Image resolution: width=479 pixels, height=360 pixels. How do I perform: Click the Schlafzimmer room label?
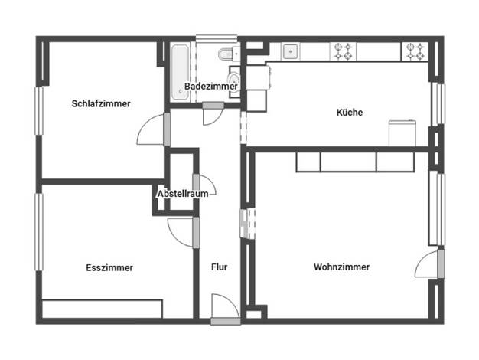(x=101, y=103)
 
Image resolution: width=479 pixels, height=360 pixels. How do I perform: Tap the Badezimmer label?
(x=211, y=87)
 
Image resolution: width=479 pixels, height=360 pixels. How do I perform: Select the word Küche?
(x=350, y=113)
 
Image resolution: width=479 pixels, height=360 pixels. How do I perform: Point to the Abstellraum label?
(x=183, y=194)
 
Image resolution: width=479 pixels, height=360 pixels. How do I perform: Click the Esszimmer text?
(x=109, y=267)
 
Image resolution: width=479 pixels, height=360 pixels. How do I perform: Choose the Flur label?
(x=220, y=267)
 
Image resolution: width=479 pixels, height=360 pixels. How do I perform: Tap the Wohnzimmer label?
(x=341, y=267)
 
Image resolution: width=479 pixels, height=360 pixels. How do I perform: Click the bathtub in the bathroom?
(x=180, y=73)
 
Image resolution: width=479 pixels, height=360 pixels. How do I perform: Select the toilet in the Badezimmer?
(x=229, y=54)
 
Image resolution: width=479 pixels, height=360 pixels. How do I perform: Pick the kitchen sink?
(x=290, y=51)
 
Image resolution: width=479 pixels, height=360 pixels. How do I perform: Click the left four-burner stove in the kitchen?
(x=343, y=51)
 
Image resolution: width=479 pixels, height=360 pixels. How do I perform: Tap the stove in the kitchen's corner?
(x=415, y=51)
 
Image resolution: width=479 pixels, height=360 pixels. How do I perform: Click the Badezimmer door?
(x=213, y=113)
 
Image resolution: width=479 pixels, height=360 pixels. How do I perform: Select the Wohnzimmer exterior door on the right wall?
(x=430, y=263)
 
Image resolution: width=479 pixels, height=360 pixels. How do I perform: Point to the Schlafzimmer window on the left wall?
(x=39, y=111)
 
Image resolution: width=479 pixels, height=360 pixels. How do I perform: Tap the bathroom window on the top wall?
(x=217, y=38)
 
